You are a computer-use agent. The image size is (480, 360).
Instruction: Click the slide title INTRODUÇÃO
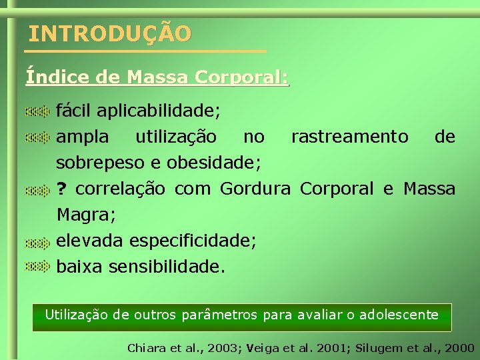(110, 33)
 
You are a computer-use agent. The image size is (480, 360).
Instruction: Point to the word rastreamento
(349, 137)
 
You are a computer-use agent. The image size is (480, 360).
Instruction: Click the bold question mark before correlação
(62, 189)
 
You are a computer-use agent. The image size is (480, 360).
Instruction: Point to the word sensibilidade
(167, 267)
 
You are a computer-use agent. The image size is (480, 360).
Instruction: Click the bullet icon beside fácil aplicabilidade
(38, 110)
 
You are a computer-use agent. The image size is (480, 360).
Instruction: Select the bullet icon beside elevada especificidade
(38, 241)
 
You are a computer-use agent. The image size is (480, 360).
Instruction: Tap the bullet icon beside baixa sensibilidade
(38, 267)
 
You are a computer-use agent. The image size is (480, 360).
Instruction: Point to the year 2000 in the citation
(460, 348)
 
